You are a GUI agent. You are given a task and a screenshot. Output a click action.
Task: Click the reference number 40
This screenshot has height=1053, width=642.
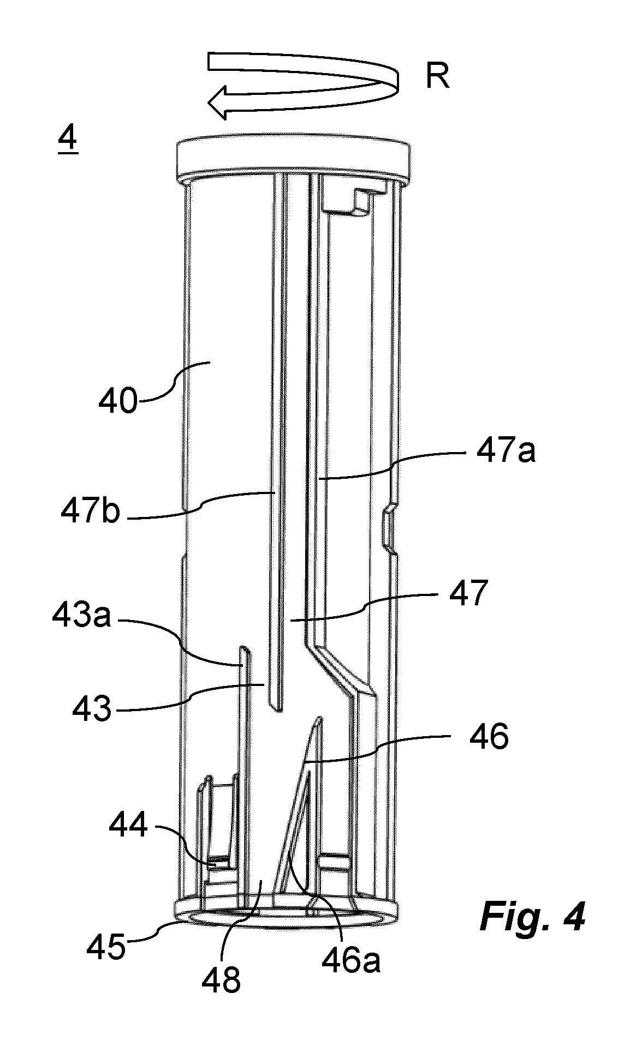point(118,402)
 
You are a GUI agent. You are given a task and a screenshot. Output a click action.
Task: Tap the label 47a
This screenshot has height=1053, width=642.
point(506,452)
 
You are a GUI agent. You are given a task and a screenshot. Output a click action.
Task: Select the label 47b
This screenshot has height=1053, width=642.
point(90,513)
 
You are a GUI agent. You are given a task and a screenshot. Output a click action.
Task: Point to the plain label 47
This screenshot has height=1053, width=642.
point(467,593)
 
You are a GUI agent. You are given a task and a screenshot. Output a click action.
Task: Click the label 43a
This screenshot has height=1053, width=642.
point(82,617)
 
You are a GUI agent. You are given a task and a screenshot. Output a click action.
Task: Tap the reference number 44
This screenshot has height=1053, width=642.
point(128,826)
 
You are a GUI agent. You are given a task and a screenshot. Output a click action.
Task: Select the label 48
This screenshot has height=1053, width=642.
point(221,980)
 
